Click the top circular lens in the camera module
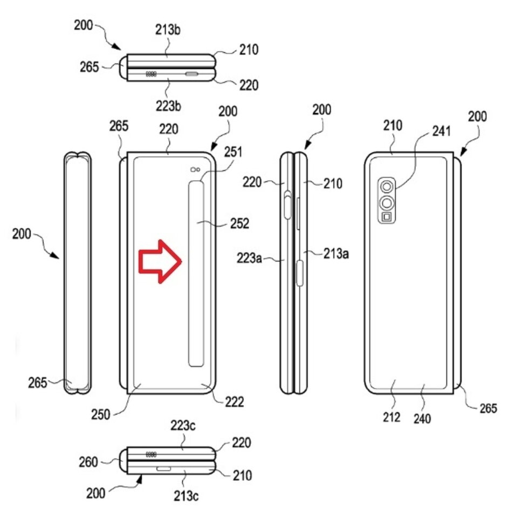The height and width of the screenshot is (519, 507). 386,187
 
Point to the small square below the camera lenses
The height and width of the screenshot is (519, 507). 386,217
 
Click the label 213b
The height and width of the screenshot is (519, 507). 169,30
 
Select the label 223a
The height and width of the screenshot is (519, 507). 250,259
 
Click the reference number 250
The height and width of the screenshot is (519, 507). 100,415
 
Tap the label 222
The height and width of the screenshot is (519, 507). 235,402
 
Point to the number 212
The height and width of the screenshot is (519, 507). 392,417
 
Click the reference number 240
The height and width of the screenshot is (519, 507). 422,418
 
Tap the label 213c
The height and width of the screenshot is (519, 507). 185,494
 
